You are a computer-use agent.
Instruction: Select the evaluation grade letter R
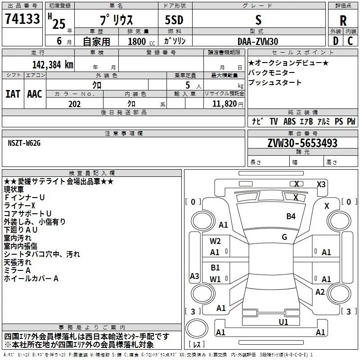pos(343,20)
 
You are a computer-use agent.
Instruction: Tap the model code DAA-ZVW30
pos(258,41)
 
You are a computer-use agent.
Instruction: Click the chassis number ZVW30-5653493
pos(302,143)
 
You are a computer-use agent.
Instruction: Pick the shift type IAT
pos(13,94)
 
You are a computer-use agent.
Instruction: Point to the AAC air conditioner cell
pos(35,94)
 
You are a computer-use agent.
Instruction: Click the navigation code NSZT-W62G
pos(24,143)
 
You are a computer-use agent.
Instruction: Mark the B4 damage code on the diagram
pos(291,216)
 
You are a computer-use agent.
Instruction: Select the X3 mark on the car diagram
pos(321,184)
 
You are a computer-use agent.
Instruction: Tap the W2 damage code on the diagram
pos(215,241)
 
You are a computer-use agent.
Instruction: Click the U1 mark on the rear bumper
pos(283,322)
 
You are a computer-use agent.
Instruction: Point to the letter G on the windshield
pos(284,237)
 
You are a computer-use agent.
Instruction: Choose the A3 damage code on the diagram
pos(194,276)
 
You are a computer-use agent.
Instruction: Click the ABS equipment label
pos(289,121)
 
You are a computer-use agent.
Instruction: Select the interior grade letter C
pos(350,41)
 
